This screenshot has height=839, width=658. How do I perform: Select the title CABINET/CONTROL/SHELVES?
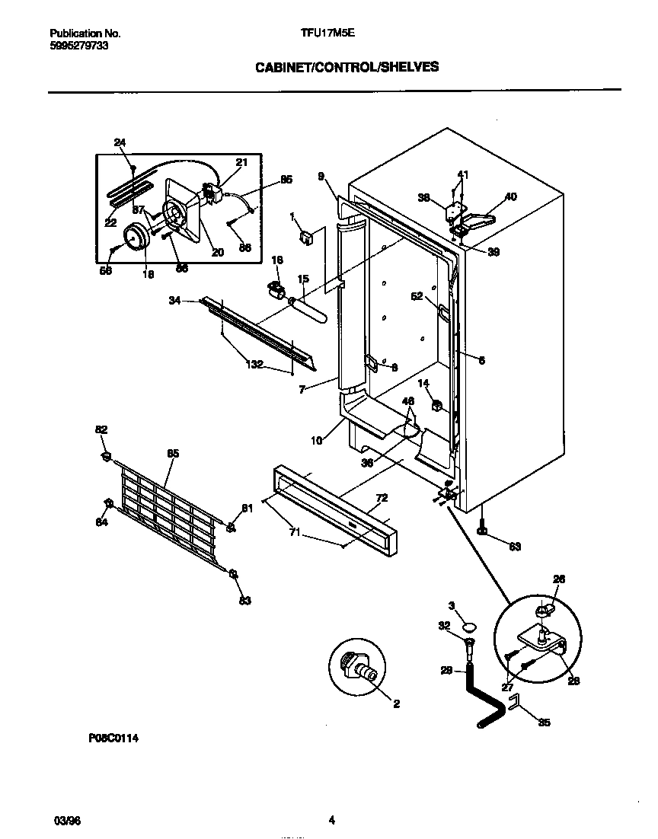(347, 67)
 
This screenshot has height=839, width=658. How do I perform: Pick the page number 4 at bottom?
(331, 820)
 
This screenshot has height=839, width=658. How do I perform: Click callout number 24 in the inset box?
(120, 142)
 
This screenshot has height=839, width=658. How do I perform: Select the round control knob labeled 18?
(136, 238)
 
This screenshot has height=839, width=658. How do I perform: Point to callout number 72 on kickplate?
(382, 498)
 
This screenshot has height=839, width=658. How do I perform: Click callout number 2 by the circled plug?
(396, 704)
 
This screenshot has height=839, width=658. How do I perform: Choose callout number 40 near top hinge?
(510, 196)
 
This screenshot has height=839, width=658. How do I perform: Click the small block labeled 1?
(307, 238)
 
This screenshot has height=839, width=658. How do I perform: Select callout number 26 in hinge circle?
(558, 579)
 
